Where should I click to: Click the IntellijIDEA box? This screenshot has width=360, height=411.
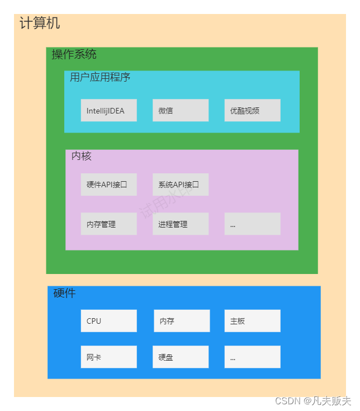tap(108, 110)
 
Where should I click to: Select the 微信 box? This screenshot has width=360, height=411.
tap(181, 110)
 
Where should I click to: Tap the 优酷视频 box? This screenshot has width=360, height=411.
tap(252, 110)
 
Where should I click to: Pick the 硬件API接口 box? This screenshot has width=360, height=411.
tap(108, 185)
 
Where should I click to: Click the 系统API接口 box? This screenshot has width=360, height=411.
tap(181, 185)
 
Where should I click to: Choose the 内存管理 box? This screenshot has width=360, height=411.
tap(108, 224)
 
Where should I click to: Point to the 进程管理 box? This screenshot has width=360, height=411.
tap(181, 224)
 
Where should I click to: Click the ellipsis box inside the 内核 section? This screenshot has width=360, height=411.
tap(252, 224)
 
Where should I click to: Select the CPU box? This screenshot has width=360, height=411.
tap(108, 321)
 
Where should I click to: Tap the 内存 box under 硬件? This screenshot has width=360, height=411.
tap(182, 321)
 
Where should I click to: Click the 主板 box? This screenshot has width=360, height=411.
tap(252, 321)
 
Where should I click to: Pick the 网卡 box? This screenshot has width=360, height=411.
tap(108, 357)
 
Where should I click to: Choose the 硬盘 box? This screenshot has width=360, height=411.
tap(181, 357)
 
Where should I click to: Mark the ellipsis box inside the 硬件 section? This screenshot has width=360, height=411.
tap(252, 357)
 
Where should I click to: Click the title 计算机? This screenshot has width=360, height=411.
tap(40, 23)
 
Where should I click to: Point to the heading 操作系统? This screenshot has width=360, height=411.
tap(74, 54)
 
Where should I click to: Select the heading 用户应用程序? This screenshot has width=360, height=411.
tap(100, 77)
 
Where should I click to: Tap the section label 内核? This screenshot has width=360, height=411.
tap(81, 156)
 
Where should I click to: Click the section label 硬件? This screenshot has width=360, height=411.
tap(64, 293)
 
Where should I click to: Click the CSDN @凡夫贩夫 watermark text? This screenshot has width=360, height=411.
tap(313, 401)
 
